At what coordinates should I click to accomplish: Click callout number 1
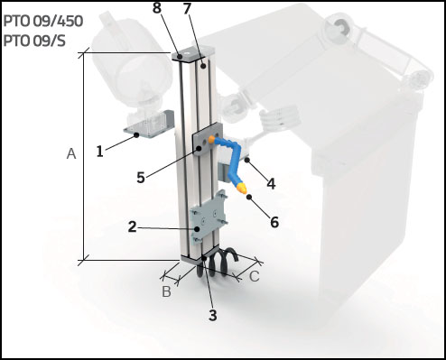100,152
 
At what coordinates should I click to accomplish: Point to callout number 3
212,315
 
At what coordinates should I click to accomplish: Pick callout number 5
141,178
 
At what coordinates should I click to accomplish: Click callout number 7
212,10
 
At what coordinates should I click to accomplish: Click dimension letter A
70,154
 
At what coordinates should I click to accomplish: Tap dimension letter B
166,291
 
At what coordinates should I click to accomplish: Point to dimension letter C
255,276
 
